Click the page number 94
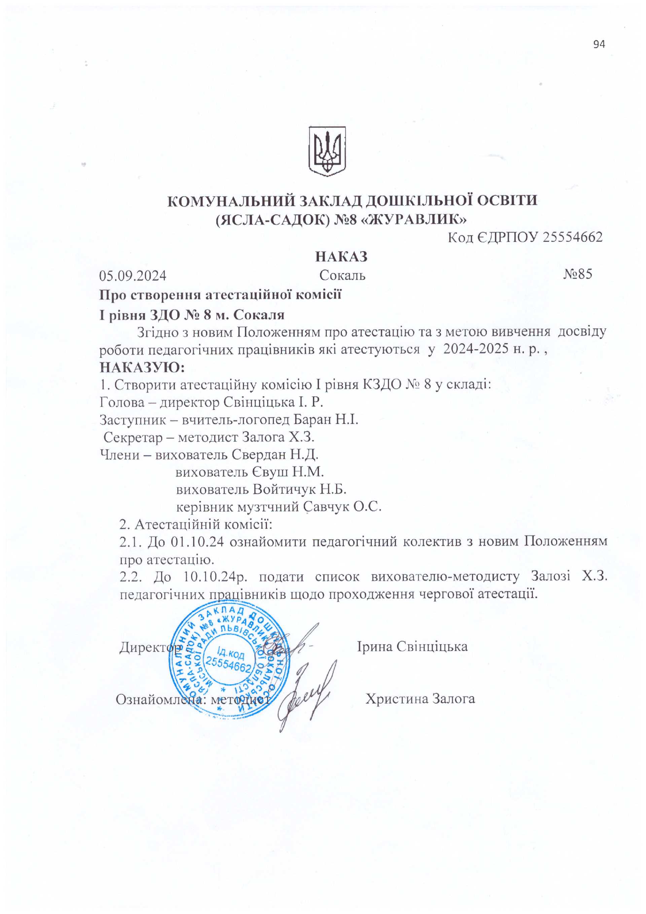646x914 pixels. (x=599, y=44)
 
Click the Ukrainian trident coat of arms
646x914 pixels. (x=327, y=151)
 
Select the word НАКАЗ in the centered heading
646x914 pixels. (x=341, y=257)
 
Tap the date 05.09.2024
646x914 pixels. (x=133, y=275)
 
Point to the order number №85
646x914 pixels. (x=578, y=274)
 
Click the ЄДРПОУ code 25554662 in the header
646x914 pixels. (x=572, y=237)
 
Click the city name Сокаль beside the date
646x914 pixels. (x=342, y=275)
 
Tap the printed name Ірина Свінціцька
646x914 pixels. (x=412, y=647)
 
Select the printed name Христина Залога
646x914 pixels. (x=420, y=699)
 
